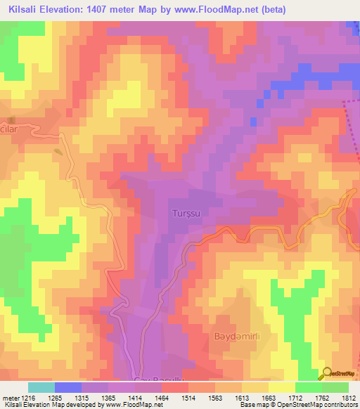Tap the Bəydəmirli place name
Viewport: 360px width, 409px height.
(x=237, y=337)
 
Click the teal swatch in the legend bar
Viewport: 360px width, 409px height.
(x=41, y=387)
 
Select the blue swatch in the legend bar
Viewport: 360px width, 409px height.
(x=67, y=387)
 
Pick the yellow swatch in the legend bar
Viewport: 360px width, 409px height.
(x=281, y=387)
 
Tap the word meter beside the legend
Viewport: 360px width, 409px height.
(x=10, y=397)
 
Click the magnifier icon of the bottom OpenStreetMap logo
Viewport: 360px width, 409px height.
(x=328, y=373)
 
